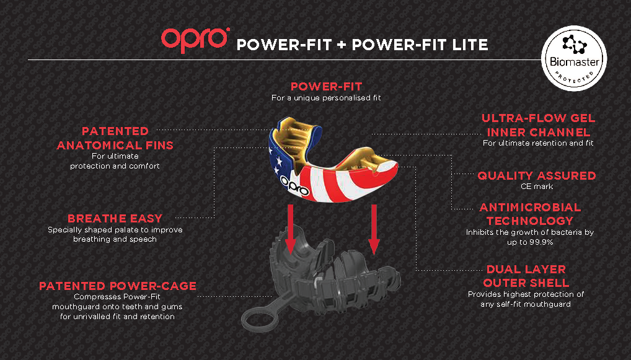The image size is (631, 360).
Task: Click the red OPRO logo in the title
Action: pos(195,40)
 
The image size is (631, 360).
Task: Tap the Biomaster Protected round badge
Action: pos(574,58)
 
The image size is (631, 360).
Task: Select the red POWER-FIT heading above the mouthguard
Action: pos(327,87)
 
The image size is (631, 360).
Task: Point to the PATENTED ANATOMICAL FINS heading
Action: pos(115,138)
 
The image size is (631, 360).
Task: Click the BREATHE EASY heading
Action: pos(115,218)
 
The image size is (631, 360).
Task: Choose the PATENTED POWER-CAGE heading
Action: pos(118,286)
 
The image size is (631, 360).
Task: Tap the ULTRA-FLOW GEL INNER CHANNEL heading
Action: pos(539,125)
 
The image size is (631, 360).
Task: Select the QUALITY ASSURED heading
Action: pos(537,176)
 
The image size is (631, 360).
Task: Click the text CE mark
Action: pos(537,187)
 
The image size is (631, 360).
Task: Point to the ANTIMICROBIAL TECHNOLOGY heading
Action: pos(530,214)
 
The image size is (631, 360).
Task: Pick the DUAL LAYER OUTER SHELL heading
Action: pos(526,276)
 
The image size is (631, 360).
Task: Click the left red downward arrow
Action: pos(290,229)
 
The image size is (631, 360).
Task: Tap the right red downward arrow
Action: pos(374,229)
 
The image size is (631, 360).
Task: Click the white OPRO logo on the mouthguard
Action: pos(294,186)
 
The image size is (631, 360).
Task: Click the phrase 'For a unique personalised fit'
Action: pos(326,98)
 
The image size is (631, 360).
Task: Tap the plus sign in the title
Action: pos(342,45)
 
